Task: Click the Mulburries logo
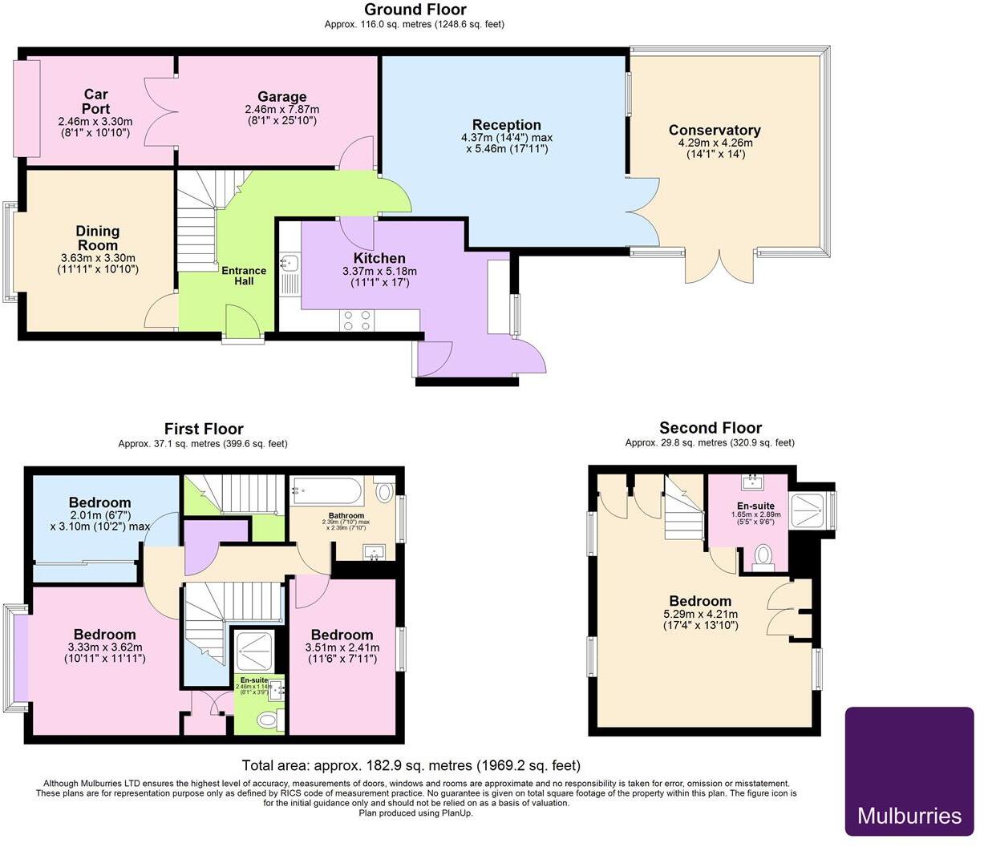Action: pyautogui.click(x=909, y=771)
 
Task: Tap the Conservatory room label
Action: pyautogui.click(x=714, y=131)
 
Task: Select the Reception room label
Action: pyautogui.click(x=506, y=125)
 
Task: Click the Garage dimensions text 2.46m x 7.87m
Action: pyautogui.click(x=281, y=110)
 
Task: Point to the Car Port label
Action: pyautogui.click(x=95, y=102)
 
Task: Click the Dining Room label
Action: pyautogui.click(x=98, y=238)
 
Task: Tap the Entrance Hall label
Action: pyautogui.click(x=244, y=276)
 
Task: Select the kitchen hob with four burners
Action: pyautogui.click(x=357, y=321)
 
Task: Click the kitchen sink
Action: pyautogui.click(x=290, y=263)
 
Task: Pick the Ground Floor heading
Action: pyautogui.click(x=415, y=10)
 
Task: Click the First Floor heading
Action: pyautogui.click(x=203, y=429)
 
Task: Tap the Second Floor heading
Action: pyautogui.click(x=710, y=428)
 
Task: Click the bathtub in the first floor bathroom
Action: pyautogui.click(x=329, y=489)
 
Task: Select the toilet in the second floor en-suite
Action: pyautogui.click(x=763, y=555)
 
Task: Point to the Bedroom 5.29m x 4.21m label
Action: pyautogui.click(x=700, y=601)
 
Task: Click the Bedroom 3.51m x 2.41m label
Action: pyautogui.click(x=342, y=635)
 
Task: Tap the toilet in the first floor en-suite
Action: pyautogui.click(x=268, y=722)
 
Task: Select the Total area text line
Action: pyautogui.click(x=411, y=765)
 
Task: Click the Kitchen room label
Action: pyautogui.click(x=379, y=258)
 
